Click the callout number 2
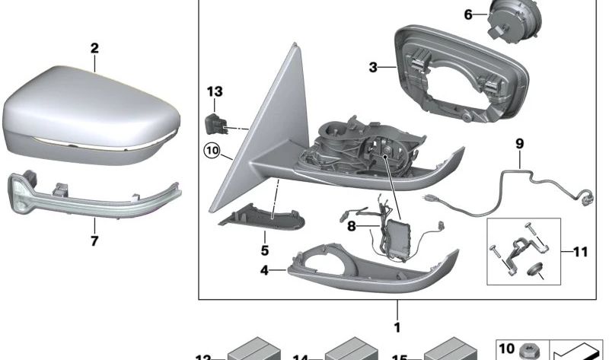click(x=94, y=48)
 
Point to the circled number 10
click(x=211, y=152)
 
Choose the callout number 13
click(x=215, y=92)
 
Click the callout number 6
click(x=467, y=14)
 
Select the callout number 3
click(x=373, y=68)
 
